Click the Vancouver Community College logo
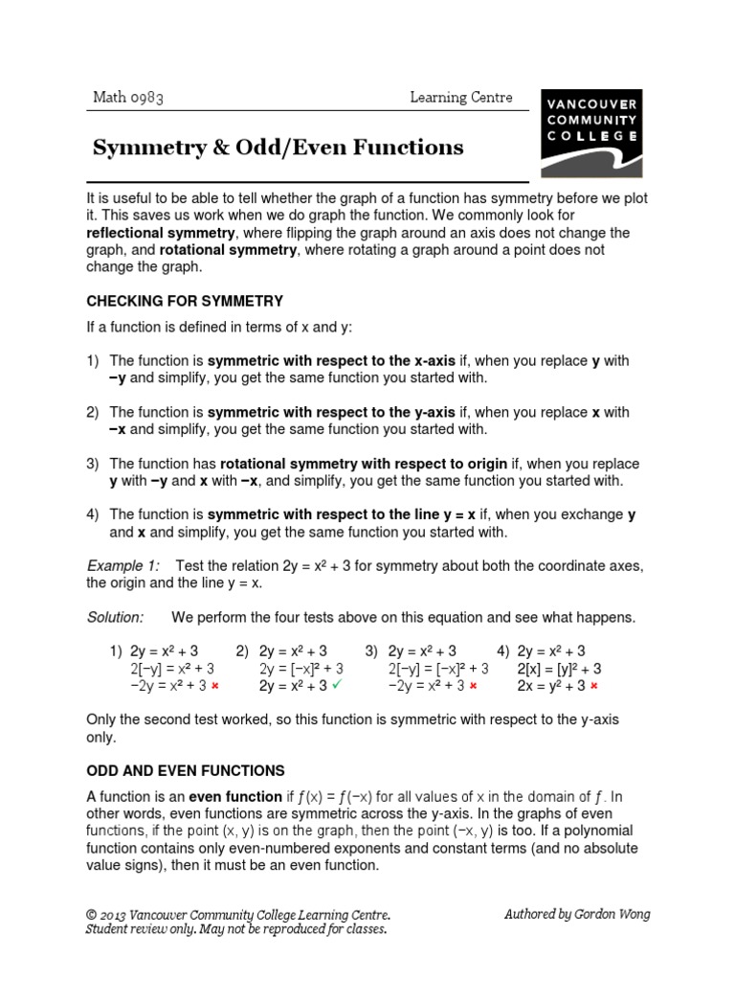[x=591, y=132]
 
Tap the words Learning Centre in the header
[x=460, y=97]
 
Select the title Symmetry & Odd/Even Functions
[x=278, y=148]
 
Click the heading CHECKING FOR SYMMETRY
[x=185, y=301]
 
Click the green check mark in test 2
[x=337, y=685]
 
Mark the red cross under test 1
[x=215, y=687]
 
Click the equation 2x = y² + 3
[x=550, y=686]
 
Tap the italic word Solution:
[x=115, y=617]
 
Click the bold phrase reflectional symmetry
[x=161, y=233]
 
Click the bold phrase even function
[x=234, y=796]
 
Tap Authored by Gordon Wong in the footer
[x=576, y=914]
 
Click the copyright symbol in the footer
[x=92, y=915]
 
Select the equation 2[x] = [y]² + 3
[x=559, y=669]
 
